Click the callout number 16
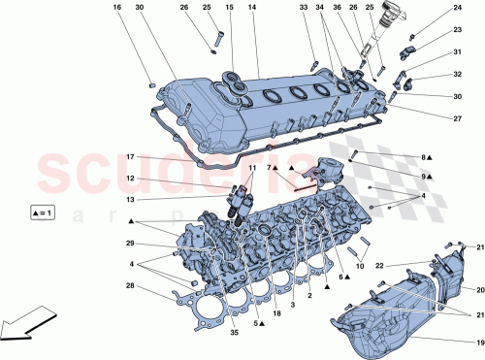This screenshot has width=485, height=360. [117, 8]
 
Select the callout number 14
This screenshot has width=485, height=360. [251, 8]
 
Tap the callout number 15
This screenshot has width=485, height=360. [230, 8]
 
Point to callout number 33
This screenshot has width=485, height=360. [303, 8]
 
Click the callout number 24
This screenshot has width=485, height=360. [458, 9]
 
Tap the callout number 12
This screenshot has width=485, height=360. [129, 178]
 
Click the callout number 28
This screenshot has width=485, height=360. [129, 285]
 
